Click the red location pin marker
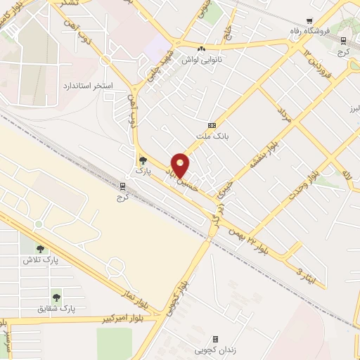click(181, 165)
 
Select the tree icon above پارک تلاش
click(40, 248)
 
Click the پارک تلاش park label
click(40, 260)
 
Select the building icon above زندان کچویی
click(215, 338)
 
